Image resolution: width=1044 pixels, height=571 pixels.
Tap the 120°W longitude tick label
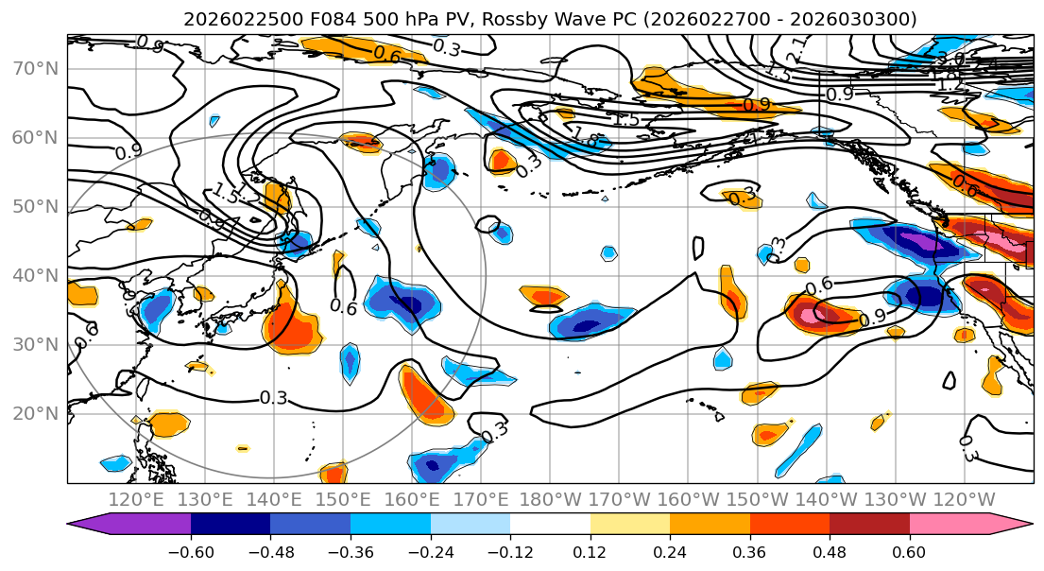[x=965, y=499]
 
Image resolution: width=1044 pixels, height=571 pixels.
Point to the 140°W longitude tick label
[x=827, y=499]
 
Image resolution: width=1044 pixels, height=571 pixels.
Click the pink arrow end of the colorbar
[x=1018, y=525]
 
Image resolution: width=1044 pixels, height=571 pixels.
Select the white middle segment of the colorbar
[x=550, y=525]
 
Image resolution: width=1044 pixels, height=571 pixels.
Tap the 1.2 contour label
[x=949, y=85]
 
